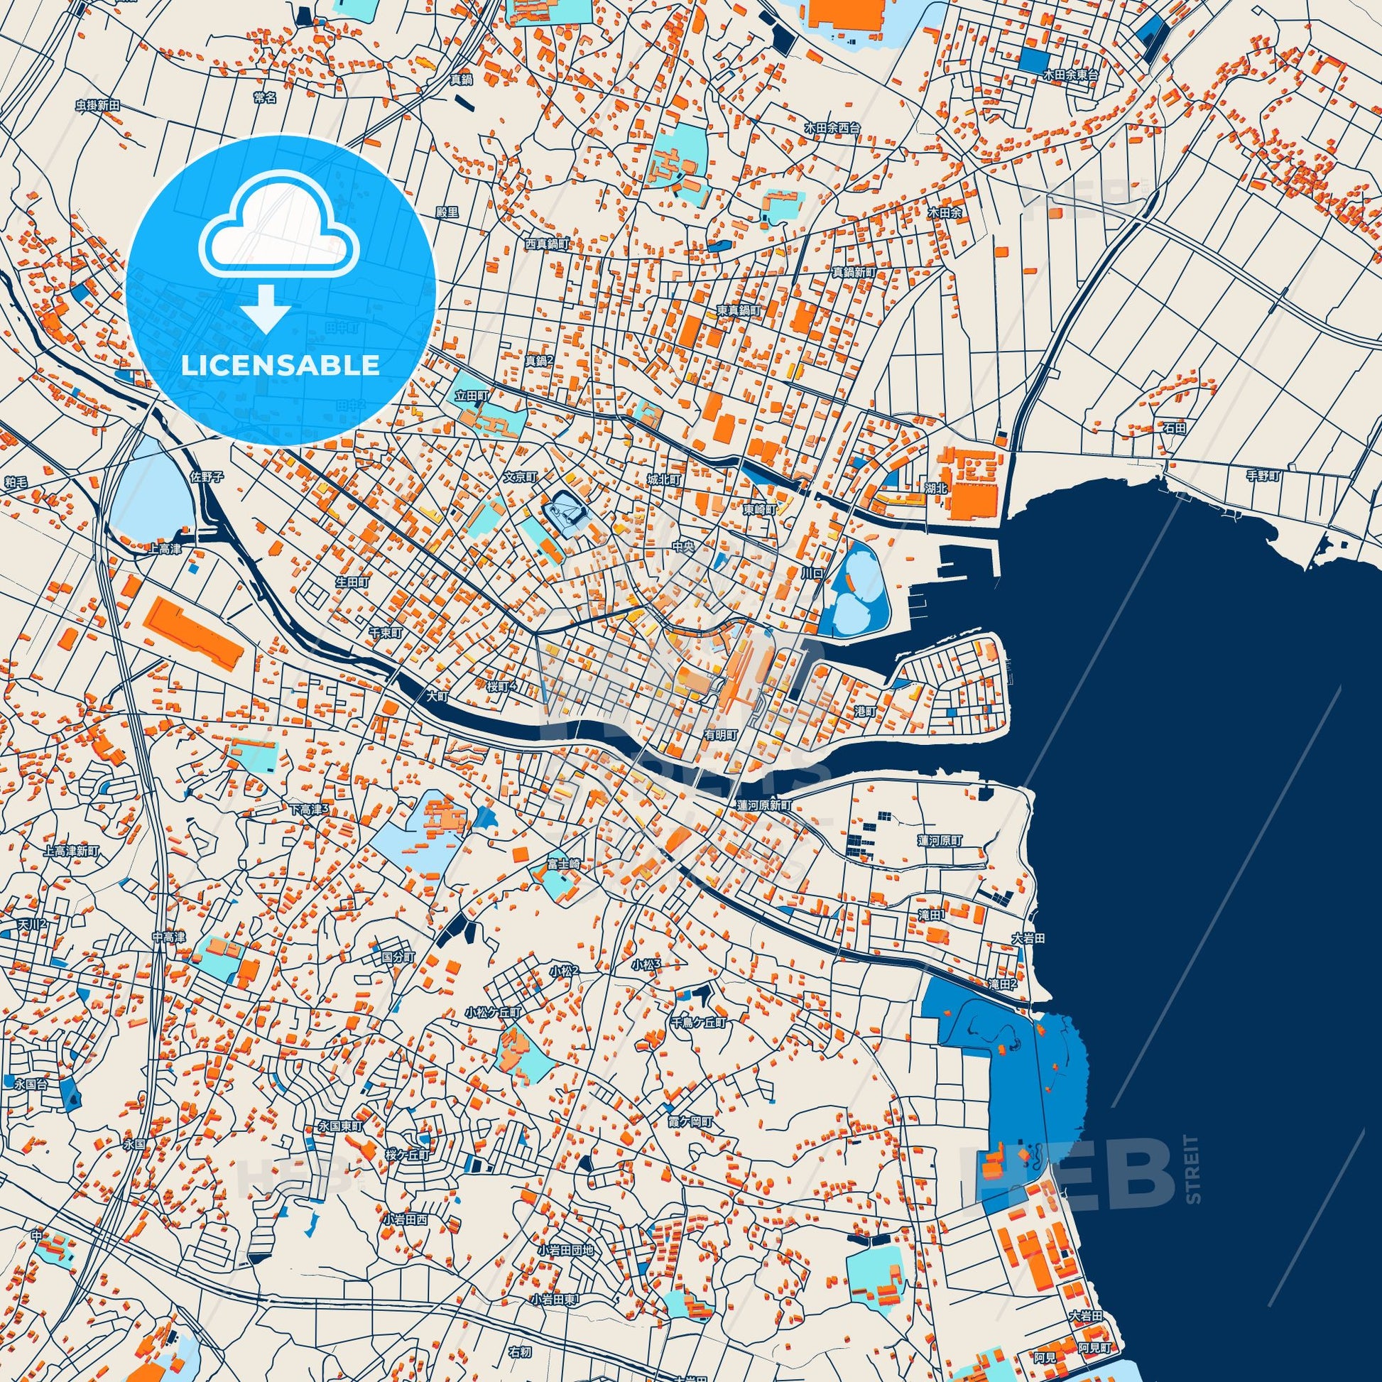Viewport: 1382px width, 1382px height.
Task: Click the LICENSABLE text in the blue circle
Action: point(281,365)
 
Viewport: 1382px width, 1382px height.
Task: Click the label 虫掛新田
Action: point(97,105)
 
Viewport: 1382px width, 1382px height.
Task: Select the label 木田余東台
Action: point(1070,74)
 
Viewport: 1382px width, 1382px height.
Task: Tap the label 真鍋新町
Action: point(854,273)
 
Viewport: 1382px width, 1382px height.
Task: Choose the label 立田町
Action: point(472,396)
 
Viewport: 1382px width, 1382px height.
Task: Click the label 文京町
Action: point(520,476)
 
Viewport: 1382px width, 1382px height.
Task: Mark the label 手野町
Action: point(1263,476)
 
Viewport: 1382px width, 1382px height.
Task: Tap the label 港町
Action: point(865,712)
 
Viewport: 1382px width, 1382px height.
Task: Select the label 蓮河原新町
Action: point(765,805)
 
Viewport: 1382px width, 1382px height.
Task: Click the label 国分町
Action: point(398,956)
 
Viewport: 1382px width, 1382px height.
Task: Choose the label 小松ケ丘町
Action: point(494,1013)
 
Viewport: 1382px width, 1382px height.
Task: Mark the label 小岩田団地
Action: point(567,1250)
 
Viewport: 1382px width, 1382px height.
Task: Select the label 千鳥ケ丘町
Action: point(697,1023)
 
